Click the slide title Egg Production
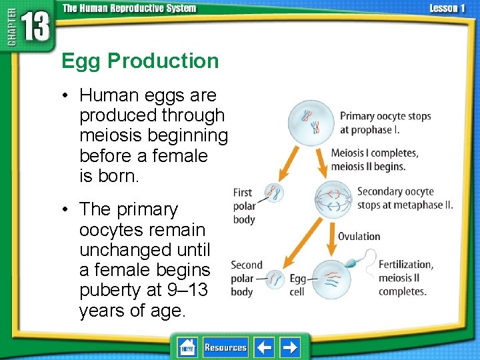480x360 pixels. (x=140, y=61)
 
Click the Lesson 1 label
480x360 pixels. (x=447, y=8)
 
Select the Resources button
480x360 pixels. (x=225, y=347)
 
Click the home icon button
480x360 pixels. (x=188, y=347)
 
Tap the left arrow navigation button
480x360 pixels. (x=265, y=347)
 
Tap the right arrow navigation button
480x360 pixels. (x=290, y=347)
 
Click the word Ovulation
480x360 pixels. (x=359, y=236)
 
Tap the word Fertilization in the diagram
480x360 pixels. (x=405, y=265)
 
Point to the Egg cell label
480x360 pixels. (x=297, y=285)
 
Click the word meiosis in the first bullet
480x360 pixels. (x=111, y=136)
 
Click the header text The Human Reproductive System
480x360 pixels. (x=129, y=8)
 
